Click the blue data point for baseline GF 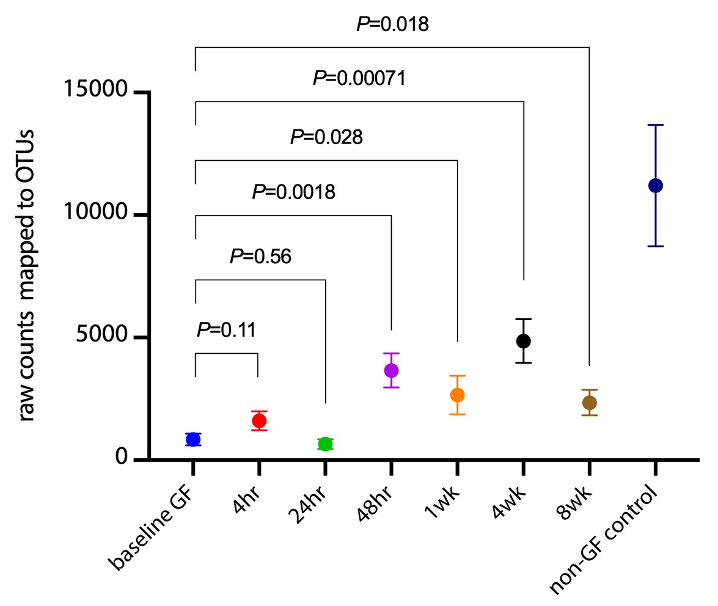point(193,439)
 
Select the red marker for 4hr point(259,420)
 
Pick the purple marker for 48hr point(391,370)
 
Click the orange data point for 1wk point(457,395)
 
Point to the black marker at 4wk point(523,341)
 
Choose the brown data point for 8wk point(589,403)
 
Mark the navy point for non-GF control point(656,186)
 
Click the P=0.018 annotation point(392,24)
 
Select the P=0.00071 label point(359,78)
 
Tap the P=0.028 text point(326,137)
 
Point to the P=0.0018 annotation point(293,193)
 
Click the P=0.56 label point(260,257)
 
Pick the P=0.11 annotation point(225,330)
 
